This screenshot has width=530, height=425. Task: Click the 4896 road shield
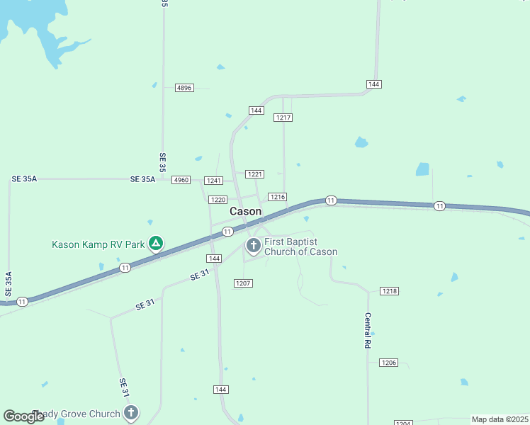point(184,88)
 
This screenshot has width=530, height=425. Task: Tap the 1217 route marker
point(283,118)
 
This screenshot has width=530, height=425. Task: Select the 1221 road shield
point(255,174)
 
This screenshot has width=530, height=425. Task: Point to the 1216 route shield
point(277,197)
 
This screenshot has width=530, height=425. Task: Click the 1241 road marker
point(214,181)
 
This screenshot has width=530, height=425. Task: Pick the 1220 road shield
point(218,200)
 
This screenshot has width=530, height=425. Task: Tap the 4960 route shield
point(181,180)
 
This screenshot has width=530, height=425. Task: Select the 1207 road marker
point(243,283)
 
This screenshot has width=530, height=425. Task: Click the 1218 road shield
point(389,291)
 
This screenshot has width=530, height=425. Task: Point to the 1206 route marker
point(388,363)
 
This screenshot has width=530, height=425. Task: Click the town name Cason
point(245,212)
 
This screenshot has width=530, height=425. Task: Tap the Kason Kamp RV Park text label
point(98,245)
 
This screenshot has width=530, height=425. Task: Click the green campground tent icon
point(156,244)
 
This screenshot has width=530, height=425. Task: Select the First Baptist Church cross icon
point(253,246)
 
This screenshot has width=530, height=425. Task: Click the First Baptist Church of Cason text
point(300,246)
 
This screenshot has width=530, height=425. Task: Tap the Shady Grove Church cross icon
point(130,412)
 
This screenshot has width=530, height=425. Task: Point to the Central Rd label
point(368,330)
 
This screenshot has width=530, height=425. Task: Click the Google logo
point(24,416)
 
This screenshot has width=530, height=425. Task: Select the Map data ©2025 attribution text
point(500,419)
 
